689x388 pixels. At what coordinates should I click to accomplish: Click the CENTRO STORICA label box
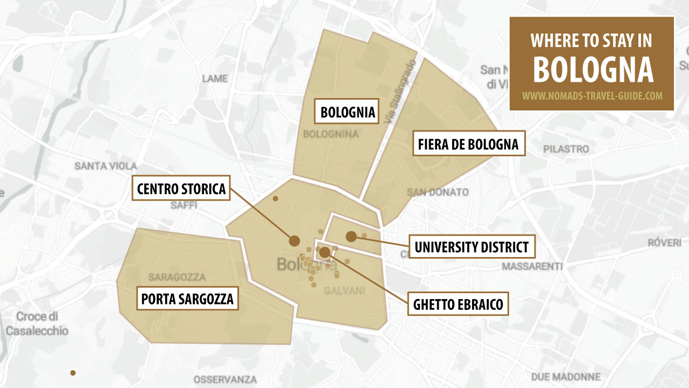[181, 189]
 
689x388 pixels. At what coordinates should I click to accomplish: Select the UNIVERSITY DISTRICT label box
[472, 247]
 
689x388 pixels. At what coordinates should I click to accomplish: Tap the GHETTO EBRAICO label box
[458, 304]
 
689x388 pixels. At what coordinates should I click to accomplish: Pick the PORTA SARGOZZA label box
[187, 299]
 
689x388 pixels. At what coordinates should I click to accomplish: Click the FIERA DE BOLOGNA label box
[468, 144]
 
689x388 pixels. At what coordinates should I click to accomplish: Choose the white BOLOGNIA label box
[347, 113]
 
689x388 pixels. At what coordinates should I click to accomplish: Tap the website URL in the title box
[592, 96]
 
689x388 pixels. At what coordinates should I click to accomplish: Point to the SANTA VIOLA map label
[106, 166]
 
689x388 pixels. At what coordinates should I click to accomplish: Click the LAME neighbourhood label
[215, 79]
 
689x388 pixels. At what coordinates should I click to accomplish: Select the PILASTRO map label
[566, 149]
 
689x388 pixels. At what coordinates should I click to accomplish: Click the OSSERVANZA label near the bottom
[225, 379]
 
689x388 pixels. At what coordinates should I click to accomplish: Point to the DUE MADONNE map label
[566, 377]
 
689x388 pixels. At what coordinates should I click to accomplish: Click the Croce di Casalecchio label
[37, 323]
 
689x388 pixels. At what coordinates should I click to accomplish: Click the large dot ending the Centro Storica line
[294, 240]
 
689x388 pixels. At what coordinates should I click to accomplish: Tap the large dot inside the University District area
[351, 236]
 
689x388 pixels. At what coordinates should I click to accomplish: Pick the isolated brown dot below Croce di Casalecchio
[73, 373]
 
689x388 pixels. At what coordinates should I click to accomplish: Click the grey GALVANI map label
[344, 291]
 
